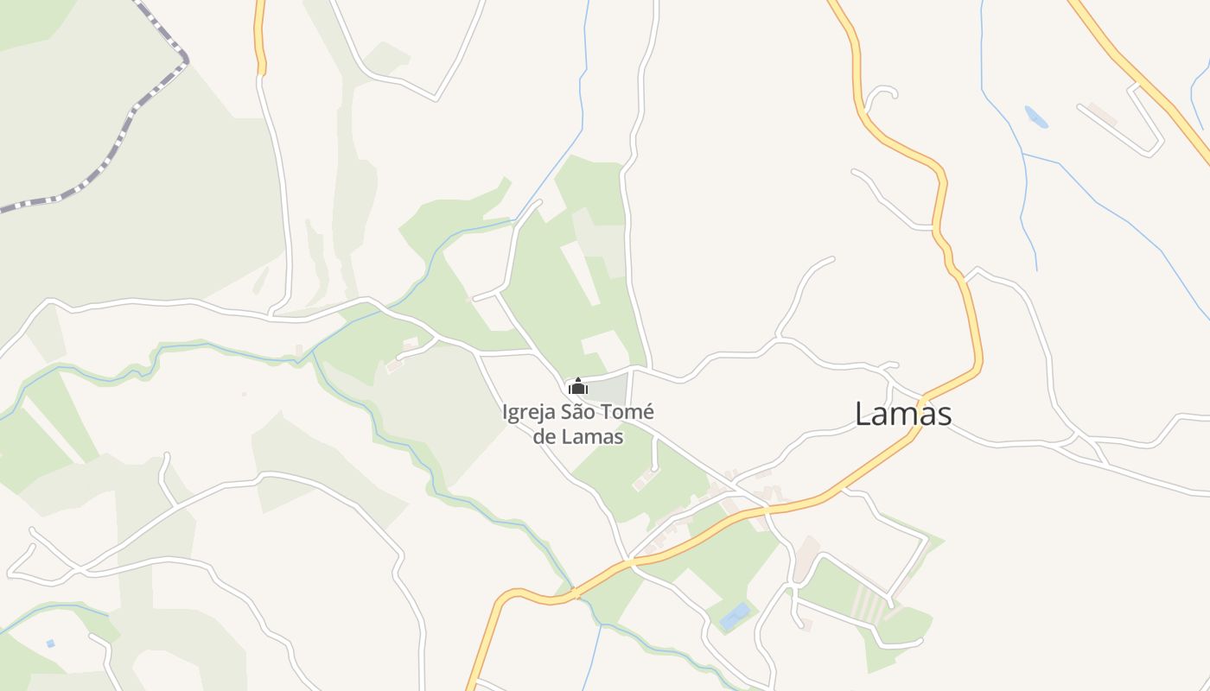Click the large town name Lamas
click(903, 414)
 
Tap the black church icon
click(578, 386)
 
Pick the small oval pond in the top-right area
click(1036, 117)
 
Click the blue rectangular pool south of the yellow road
click(735, 616)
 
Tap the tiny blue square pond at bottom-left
click(51, 643)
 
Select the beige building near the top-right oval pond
click(1102, 113)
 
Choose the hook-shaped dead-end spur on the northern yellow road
click(880, 92)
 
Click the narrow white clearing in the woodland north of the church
click(580, 272)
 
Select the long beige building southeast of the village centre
click(806, 558)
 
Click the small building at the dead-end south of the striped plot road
click(806, 624)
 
